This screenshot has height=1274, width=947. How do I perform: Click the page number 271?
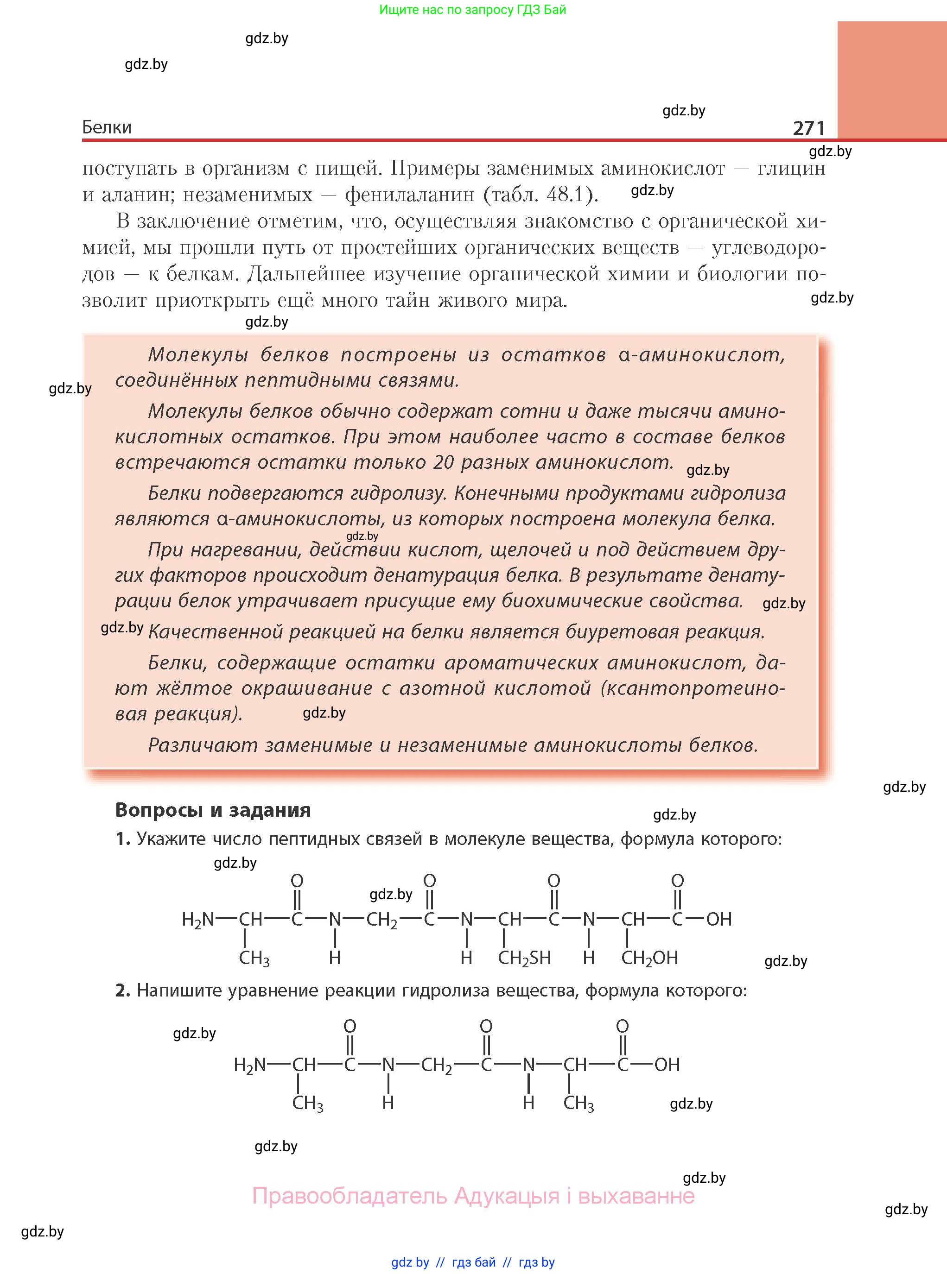[x=808, y=128]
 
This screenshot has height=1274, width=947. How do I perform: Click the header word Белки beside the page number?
[x=107, y=127]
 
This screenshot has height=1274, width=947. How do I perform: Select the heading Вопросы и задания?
[x=213, y=810]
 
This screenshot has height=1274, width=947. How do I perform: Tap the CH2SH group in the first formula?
[x=524, y=958]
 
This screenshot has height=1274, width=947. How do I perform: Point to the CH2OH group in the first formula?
[x=649, y=958]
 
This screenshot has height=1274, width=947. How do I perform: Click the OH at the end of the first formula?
[x=719, y=920]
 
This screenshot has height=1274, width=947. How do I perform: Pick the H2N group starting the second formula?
[x=250, y=1065]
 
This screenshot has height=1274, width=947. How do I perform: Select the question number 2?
[x=123, y=990]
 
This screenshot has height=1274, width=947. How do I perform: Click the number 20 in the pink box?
[x=444, y=462]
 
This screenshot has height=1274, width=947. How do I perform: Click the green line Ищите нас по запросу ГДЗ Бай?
[x=472, y=10]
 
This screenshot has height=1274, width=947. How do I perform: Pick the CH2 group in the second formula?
[x=436, y=1066]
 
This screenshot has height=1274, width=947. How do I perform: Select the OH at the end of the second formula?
[x=667, y=1065]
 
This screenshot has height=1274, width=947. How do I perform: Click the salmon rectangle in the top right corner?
[x=892, y=80]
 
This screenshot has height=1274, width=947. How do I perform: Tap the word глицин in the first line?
[x=791, y=169]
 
